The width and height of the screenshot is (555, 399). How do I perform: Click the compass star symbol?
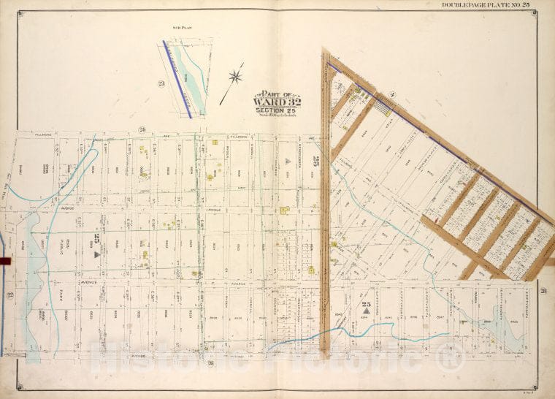(x=235, y=76)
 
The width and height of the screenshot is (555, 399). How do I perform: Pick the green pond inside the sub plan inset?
(x=192, y=69)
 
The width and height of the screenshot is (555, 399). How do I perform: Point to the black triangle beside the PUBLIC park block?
(x=96, y=255)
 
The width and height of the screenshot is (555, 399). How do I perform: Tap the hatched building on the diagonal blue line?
(x=382, y=104)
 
